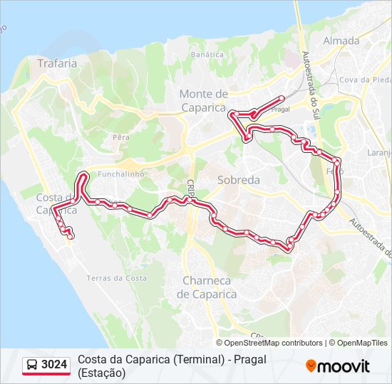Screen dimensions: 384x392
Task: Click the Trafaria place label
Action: (x=57, y=63)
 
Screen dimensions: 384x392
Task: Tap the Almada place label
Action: (x=341, y=41)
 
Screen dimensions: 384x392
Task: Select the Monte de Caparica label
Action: (x=204, y=100)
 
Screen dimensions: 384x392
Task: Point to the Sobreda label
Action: (x=239, y=180)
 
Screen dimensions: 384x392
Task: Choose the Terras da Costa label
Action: (x=117, y=278)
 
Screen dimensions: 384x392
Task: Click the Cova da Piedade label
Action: (x=365, y=79)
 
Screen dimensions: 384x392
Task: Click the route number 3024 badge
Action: (x=54, y=366)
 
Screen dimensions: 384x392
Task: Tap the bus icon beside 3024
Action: (x=33, y=366)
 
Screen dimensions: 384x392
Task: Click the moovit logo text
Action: (x=344, y=367)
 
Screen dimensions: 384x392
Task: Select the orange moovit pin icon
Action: (x=311, y=366)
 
